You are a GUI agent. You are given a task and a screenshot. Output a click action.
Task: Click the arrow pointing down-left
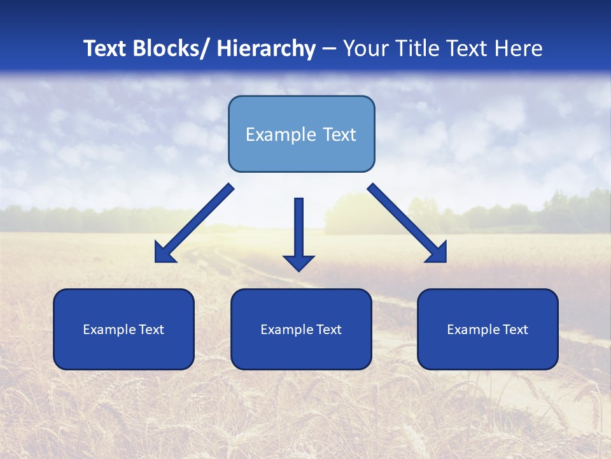[191, 224]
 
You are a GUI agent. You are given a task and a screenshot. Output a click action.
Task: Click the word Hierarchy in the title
[266, 48]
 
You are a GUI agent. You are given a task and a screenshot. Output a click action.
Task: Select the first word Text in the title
[105, 48]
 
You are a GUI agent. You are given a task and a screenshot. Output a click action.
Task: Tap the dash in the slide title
[329, 48]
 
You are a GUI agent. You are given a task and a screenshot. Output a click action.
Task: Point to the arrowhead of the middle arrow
[298, 262]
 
